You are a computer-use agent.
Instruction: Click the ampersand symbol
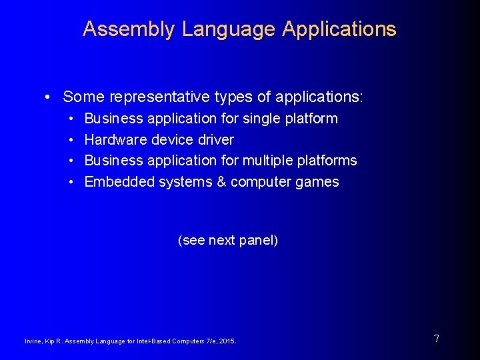click(x=221, y=182)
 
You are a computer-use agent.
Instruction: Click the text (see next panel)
click(x=228, y=240)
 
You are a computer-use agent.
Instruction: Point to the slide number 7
click(x=436, y=339)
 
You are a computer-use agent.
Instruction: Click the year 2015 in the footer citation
click(x=228, y=341)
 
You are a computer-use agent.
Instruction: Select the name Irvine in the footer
click(x=33, y=341)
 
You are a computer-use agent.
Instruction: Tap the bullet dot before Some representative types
click(x=49, y=97)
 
